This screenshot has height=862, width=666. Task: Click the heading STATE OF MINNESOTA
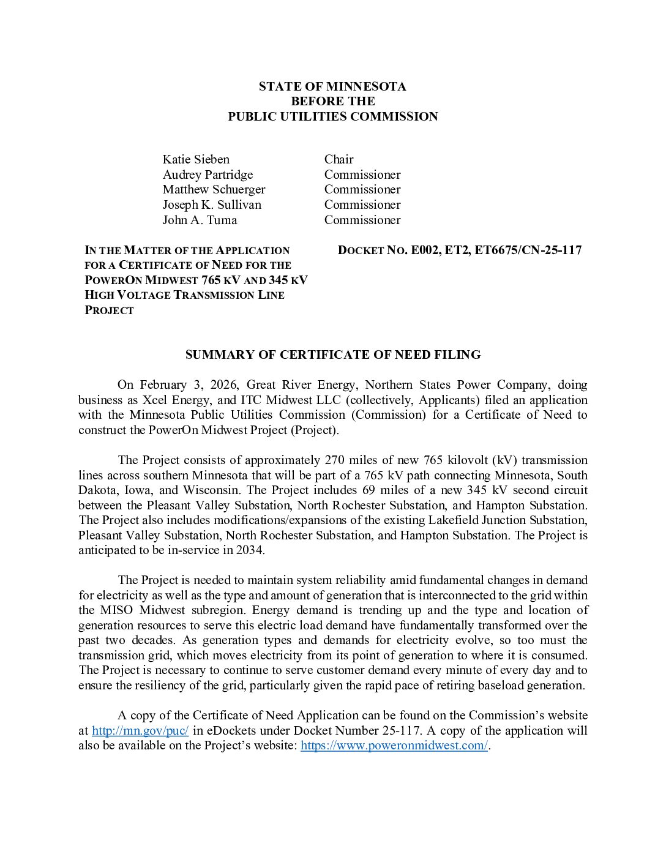tap(332, 86)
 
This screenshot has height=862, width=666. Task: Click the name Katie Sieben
tap(196, 159)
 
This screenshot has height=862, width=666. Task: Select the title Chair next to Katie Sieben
tap(339, 159)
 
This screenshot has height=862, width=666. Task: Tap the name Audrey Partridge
tap(208, 174)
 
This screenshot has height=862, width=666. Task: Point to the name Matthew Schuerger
tap(214, 189)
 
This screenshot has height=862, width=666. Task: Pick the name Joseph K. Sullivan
tap(212, 204)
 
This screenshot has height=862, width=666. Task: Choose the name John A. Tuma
tap(200, 220)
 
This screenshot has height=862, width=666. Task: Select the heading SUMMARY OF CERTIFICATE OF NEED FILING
tap(333, 354)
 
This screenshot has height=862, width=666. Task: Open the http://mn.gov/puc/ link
tap(140, 730)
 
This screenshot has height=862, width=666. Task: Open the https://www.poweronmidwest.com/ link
tap(394, 745)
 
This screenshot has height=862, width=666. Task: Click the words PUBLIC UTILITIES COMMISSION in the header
tap(333, 116)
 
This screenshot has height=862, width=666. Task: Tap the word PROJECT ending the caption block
tap(109, 310)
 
